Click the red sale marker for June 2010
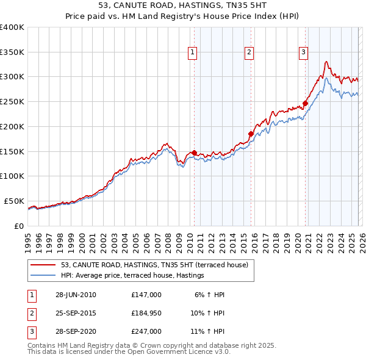coord(194,153)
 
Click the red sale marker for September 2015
coord(251,134)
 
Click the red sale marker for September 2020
coord(305,103)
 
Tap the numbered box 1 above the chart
coord(193,53)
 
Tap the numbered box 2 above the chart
coord(249,53)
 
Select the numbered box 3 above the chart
coord(303,53)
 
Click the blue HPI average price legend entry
coord(132,276)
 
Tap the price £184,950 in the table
coord(146,313)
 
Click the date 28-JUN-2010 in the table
coord(76,295)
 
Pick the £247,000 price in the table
coord(146,331)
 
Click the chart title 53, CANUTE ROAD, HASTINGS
coord(183,5)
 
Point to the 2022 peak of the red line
coord(327,61)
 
